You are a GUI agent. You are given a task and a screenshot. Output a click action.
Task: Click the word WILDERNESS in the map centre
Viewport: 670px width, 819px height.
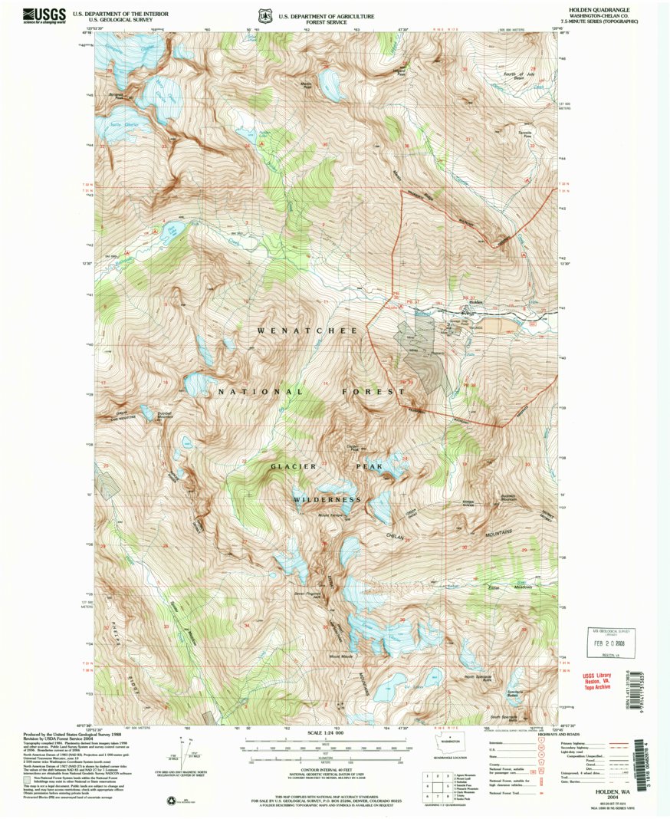click(x=327, y=500)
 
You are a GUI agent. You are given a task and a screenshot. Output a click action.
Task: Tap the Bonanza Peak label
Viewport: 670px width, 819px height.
click(x=116, y=96)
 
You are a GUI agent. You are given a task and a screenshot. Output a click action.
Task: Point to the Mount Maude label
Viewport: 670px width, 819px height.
click(x=340, y=656)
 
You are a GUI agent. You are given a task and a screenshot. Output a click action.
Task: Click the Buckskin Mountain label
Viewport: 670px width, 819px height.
click(x=511, y=498)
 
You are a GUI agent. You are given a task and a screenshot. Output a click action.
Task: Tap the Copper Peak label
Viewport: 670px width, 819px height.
click(x=353, y=447)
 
